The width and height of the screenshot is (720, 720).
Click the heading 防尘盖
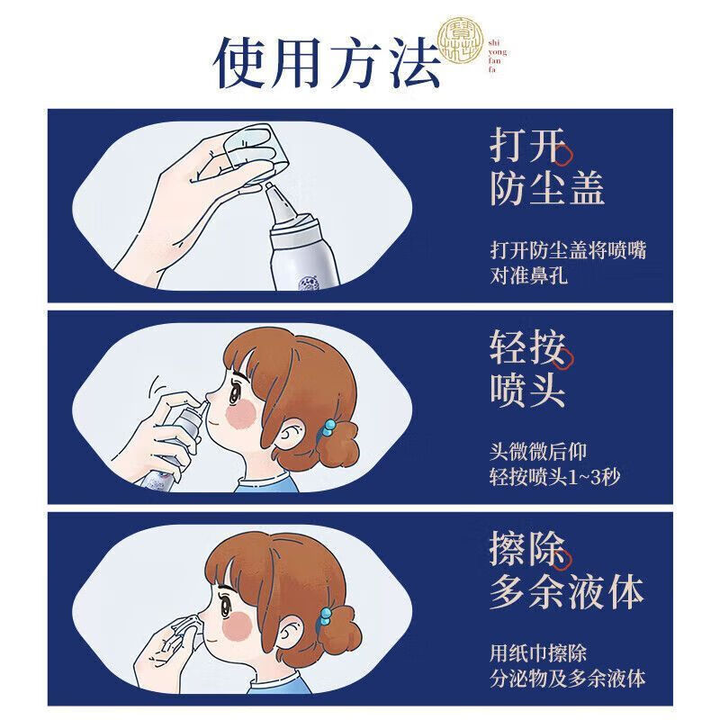coord(546,189)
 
